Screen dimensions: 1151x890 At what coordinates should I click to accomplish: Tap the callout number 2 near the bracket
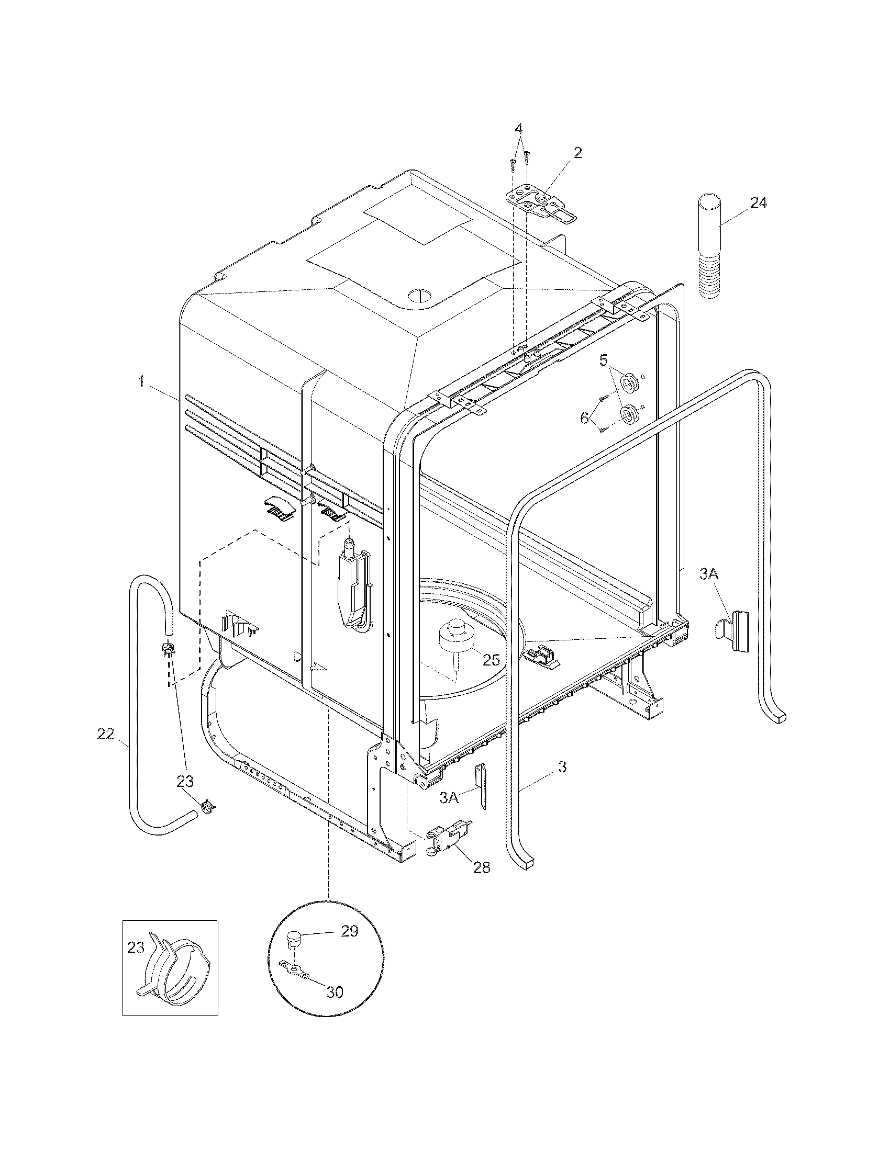(578, 153)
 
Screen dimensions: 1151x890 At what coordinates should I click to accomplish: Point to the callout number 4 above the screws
(519, 129)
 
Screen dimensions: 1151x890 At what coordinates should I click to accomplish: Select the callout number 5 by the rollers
(604, 360)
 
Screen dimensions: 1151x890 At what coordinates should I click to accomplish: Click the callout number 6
(584, 418)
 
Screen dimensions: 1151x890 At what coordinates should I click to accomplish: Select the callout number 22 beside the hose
(105, 734)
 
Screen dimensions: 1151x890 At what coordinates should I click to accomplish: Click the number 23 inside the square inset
(136, 947)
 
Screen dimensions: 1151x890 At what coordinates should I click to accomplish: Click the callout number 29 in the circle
(349, 931)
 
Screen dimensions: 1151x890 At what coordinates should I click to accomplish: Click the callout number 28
(481, 867)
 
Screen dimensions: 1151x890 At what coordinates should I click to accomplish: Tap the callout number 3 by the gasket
(562, 767)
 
